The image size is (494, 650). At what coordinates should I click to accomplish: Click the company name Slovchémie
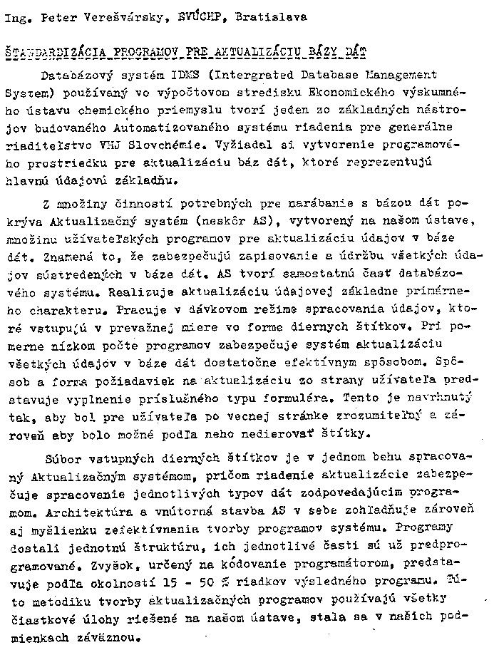coord(181,145)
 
